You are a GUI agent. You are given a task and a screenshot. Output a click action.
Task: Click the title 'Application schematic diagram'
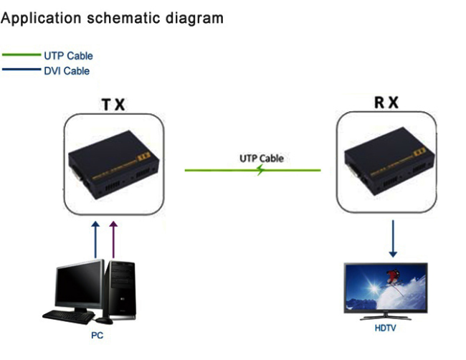pos(112,18)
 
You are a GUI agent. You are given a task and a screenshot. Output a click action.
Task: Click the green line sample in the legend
pos(22,55)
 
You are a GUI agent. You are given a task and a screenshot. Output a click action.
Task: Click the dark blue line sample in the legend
pos(22,70)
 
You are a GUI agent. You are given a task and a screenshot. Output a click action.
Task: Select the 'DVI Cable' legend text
pos(67,71)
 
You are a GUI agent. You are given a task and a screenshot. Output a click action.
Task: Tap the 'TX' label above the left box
pos(113,105)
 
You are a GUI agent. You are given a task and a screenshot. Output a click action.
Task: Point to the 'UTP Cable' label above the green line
pos(262,158)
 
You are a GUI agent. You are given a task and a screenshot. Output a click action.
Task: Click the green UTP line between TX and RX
pos(215,171)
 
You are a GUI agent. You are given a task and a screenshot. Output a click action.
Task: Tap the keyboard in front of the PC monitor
pos(68,313)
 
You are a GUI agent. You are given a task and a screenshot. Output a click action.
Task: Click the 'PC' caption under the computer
pos(97,335)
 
